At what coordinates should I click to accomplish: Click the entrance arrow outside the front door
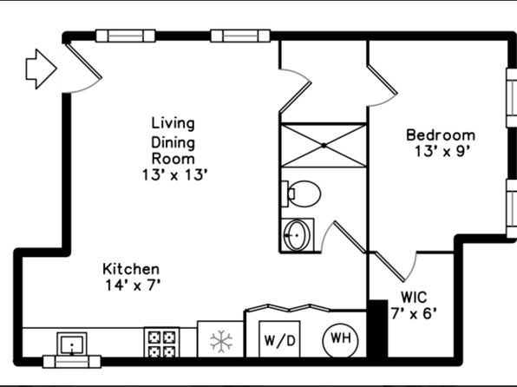42,69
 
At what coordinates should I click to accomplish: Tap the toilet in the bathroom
301,193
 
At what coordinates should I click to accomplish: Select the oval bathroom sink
297,235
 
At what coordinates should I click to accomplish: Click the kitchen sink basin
72,344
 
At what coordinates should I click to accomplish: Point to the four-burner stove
161,342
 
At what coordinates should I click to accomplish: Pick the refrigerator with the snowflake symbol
220,338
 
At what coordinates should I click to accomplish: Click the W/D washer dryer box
279,339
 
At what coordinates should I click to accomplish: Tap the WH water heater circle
340,340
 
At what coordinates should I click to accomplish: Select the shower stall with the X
324,145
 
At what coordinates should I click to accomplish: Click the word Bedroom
441,135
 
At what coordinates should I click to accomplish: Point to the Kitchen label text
131,269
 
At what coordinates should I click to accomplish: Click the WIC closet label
414,297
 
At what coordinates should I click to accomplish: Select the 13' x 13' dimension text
174,175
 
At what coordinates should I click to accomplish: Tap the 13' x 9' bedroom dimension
442,152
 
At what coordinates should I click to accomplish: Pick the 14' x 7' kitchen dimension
133,285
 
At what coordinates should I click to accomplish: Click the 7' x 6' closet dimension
414,313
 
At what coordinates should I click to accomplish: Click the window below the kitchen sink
72,362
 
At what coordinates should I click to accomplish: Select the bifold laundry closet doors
288,308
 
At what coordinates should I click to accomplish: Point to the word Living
173,124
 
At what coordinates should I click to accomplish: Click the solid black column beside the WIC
378,328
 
